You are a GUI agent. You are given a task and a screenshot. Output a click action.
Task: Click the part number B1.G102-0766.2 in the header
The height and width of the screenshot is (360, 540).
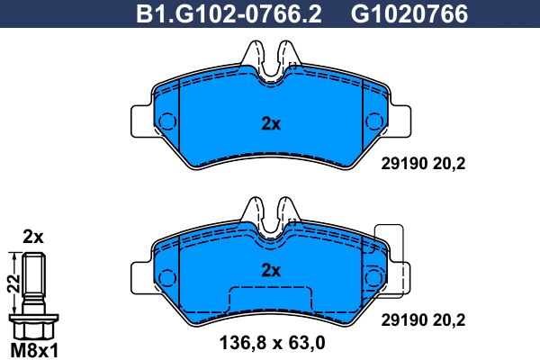coord(229,14)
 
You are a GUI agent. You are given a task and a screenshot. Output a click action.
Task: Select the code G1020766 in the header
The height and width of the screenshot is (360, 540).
coord(409,14)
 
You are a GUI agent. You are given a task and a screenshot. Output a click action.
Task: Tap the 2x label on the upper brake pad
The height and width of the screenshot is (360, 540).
coord(271,124)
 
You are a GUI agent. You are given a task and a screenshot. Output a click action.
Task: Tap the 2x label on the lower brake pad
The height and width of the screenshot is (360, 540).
coord(271,271)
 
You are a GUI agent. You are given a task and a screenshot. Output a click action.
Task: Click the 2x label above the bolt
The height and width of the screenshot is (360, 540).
coord(33,237)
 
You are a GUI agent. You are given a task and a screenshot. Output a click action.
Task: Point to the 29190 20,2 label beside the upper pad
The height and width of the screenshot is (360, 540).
coord(423,164)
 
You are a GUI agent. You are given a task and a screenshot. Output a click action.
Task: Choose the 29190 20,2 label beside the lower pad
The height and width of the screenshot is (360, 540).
coord(423,320)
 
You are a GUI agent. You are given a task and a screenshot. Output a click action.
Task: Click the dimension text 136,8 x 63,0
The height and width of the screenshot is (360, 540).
coord(272,343)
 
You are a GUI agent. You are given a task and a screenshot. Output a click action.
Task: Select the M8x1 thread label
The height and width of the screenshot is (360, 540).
coord(34,351)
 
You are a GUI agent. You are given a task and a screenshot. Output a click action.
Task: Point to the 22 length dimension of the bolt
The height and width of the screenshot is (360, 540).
coord(13,283)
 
